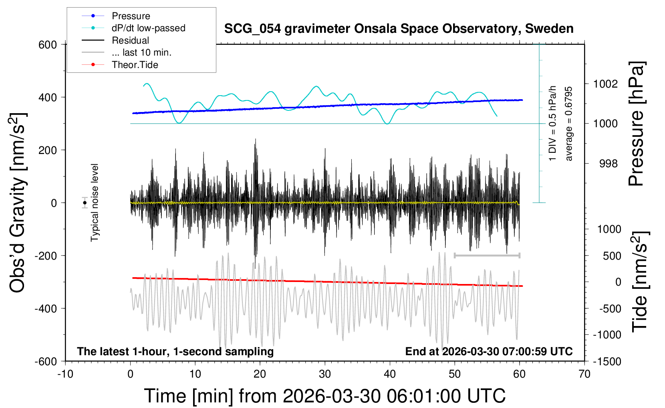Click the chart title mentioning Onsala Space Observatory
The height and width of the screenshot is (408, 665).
click(x=399, y=29)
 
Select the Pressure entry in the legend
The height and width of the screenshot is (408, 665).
click(x=131, y=16)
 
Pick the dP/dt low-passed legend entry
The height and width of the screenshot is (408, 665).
click(x=148, y=28)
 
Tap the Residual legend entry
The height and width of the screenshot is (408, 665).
click(x=130, y=40)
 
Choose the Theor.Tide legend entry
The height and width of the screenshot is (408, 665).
click(x=135, y=65)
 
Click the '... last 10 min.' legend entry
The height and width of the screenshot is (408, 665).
click(x=141, y=52)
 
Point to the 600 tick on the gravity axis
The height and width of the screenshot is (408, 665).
click(x=48, y=44)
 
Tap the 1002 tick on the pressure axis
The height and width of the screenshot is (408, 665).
click(x=605, y=84)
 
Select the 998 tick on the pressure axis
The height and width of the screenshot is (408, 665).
click(x=609, y=164)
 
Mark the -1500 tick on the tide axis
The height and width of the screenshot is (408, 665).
click(x=607, y=361)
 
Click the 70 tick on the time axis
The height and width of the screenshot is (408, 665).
click(x=584, y=374)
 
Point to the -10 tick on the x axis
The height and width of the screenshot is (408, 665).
click(x=65, y=374)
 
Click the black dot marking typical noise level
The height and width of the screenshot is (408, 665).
click(x=85, y=203)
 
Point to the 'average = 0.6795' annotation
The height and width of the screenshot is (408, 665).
click(x=569, y=124)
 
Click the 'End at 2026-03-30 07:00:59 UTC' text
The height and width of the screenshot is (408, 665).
click(x=489, y=352)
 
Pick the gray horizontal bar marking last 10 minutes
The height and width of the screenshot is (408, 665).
click(x=487, y=255)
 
